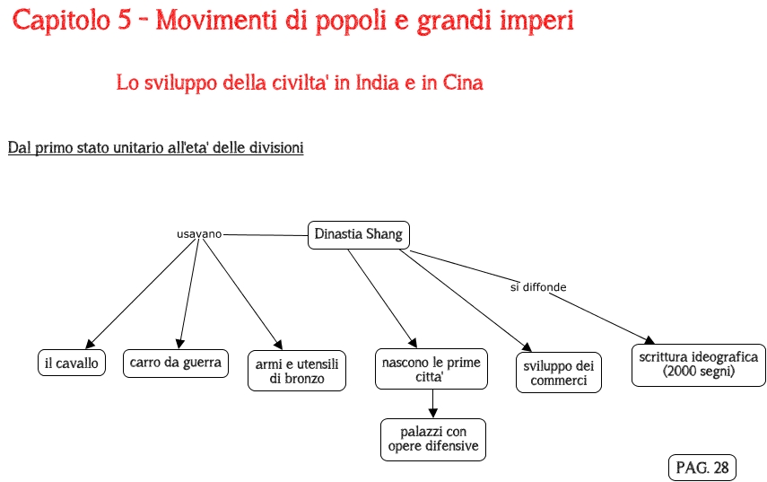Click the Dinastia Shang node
[358, 234]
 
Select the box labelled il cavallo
[72, 363]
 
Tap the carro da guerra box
[175, 363]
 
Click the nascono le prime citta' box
[431, 369]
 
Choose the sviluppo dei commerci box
[558, 372]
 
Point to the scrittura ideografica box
[698, 364]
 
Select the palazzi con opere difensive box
[432, 439]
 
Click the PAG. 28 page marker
[702, 468]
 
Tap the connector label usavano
[198, 233]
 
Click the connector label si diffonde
[538, 287]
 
